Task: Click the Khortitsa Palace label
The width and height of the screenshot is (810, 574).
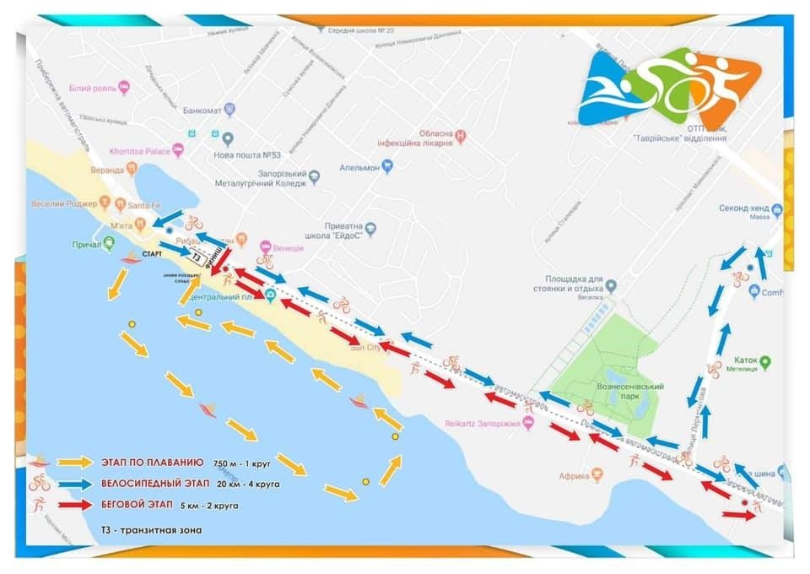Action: click(x=140, y=151)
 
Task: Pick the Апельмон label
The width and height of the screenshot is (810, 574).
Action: click(x=358, y=167)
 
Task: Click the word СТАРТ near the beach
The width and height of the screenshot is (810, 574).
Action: click(x=153, y=253)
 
